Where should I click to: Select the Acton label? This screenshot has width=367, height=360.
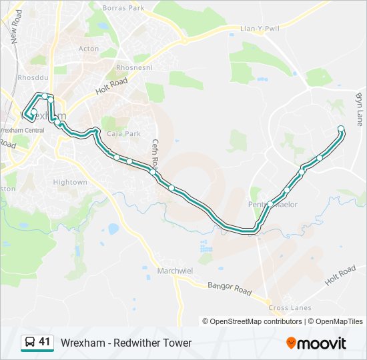coord(89,49)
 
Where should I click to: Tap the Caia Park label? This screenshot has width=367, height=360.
coord(123,133)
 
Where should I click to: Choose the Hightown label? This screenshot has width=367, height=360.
coord(70,182)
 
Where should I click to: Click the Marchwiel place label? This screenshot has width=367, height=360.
coord(175,271)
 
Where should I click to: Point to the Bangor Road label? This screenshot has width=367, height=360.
coord(229,289)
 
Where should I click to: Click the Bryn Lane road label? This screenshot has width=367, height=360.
coord(360,109)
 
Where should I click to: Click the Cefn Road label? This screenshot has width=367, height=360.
coord(155,154)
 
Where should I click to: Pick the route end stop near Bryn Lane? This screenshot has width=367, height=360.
coord(341,129)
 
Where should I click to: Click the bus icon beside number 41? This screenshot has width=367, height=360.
coord(30,343)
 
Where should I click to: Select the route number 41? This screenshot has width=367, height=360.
coord(45,342)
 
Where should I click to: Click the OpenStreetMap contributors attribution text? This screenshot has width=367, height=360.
coord(256,321)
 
